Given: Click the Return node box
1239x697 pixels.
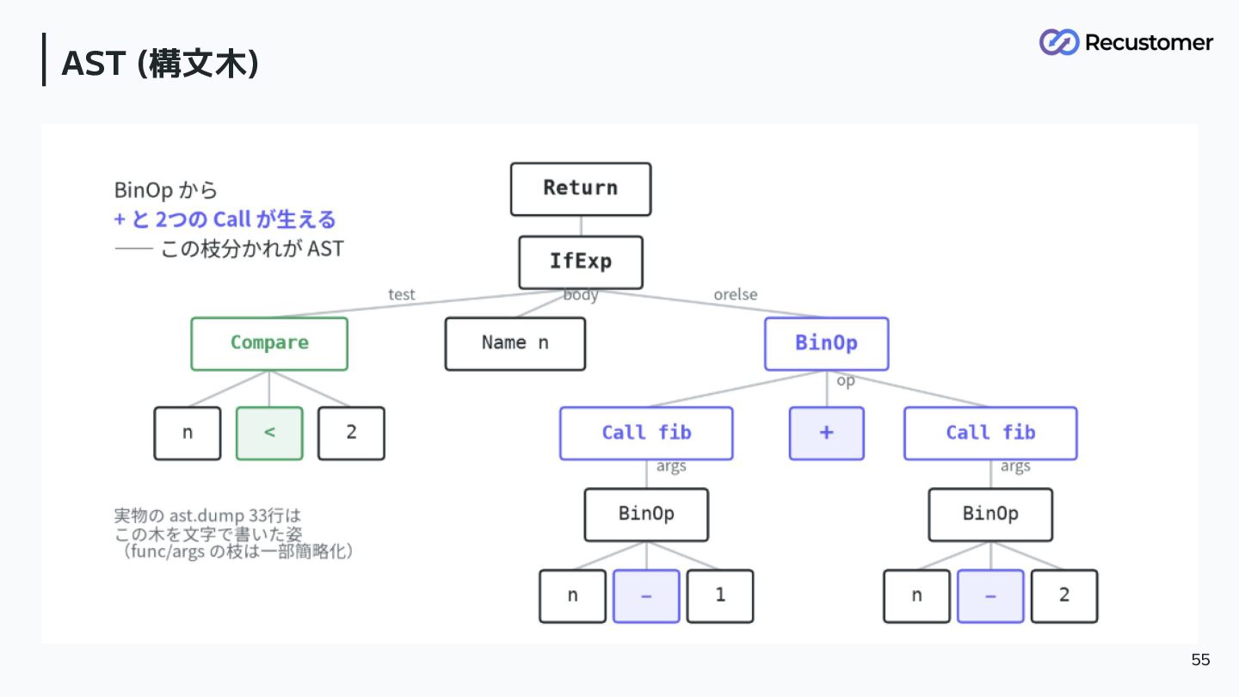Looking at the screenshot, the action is pos(581,189).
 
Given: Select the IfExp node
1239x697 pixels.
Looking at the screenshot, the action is pos(581,262).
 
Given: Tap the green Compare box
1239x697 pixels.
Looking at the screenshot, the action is pos(269,343).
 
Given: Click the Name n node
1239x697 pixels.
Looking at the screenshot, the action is pos(515,343).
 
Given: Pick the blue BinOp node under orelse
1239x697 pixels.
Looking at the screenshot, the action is pos(826,343).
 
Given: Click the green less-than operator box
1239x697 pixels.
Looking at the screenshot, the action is pos(269,433).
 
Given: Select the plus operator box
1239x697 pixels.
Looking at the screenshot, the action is pos(826,433).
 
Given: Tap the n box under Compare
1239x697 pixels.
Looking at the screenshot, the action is pos(188,433).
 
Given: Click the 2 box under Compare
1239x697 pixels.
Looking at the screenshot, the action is pos(351,433).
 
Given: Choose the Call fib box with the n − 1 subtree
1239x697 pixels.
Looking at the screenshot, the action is pos(646,433).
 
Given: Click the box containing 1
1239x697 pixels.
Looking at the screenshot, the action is pos(720,595).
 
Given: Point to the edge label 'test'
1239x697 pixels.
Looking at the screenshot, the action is pos(402,294).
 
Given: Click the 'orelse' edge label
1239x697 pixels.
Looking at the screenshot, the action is pos(736,294).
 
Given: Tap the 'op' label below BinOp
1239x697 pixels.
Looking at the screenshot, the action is pos(846,380).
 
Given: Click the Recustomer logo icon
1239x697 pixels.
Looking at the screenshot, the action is pos(1058,42).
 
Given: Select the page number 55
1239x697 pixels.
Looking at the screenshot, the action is pos(1200,659).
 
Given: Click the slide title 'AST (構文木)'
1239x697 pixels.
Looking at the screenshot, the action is pos(160,63).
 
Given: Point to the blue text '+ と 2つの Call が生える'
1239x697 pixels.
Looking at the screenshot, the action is pos(225,219).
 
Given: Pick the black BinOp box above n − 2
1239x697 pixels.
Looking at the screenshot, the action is pos(990,515).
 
